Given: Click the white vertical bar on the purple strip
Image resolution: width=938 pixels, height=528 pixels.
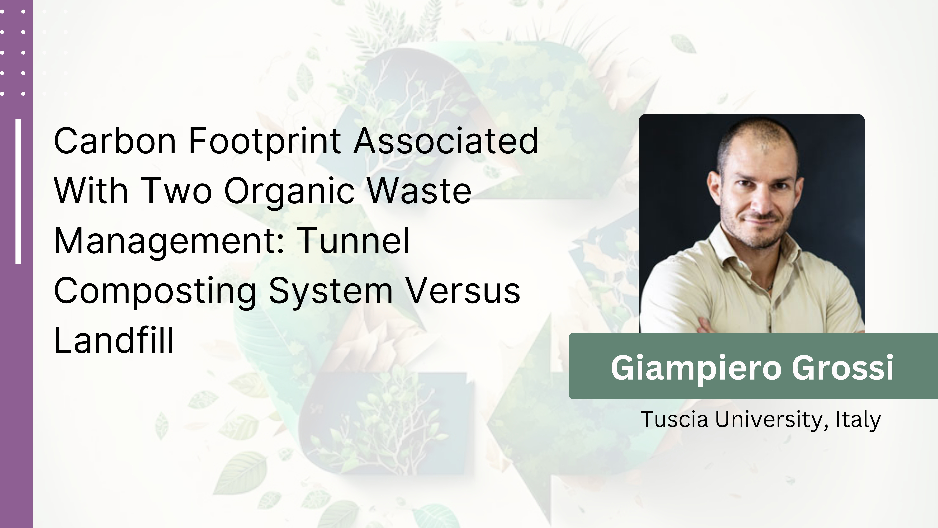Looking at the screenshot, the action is [18, 191].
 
